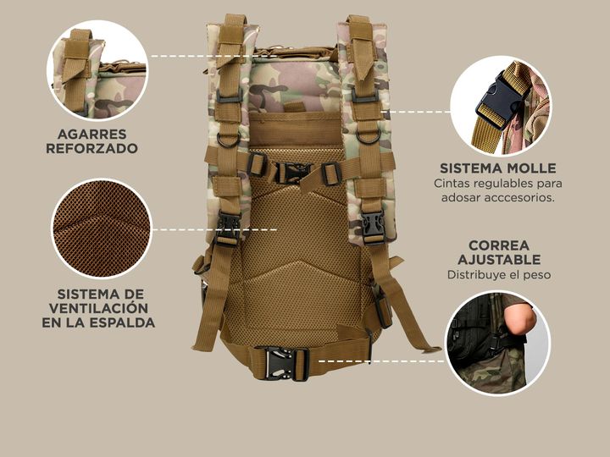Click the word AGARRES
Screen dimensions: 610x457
coord(91,134)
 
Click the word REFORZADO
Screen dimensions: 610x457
coord(91,148)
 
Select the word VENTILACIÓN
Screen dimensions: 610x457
coord(98,308)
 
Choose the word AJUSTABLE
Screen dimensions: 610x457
coord(499,260)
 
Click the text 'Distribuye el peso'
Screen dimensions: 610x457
coord(499,275)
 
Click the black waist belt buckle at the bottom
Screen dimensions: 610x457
coord(280,363)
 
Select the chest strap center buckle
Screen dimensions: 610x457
coord(292,173)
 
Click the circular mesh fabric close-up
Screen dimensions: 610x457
coord(102,228)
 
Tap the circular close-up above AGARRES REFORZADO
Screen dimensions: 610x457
coord(97,70)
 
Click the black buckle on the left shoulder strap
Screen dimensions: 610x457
coord(228,228)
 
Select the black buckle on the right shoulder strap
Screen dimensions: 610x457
coord(373,227)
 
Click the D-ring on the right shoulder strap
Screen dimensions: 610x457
coord(368,137)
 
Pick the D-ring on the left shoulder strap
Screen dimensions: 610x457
coord(229,140)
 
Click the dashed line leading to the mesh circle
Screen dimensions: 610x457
coord(214,229)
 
